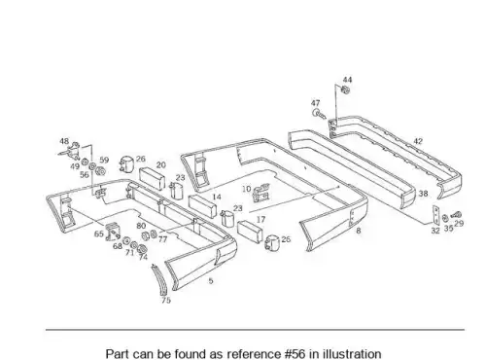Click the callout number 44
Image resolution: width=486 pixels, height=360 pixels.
(347, 80)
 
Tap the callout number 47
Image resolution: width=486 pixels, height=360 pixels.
(315, 103)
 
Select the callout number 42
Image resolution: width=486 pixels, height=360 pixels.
(418, 141)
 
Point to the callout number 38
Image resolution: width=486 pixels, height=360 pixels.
(423, 194)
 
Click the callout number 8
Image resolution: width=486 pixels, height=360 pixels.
(358, 231)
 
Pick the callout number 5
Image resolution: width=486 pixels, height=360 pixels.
(211, 281)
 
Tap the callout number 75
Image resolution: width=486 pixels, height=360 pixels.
(166, 301)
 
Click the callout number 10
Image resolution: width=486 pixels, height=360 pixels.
(246, 189)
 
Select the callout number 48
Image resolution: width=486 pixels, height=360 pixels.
(64, 141)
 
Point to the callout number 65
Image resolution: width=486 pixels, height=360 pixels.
(99, 234)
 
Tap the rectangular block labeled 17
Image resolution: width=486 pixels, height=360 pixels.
(250, 232)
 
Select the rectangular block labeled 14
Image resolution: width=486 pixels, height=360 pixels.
(202, 206)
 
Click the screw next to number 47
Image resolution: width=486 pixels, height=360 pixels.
(319, 114)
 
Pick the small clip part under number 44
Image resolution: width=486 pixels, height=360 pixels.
(346, 90)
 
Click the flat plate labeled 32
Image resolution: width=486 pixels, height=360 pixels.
(435, 215)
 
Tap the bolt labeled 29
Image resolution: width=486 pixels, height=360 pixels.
(457, 215)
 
